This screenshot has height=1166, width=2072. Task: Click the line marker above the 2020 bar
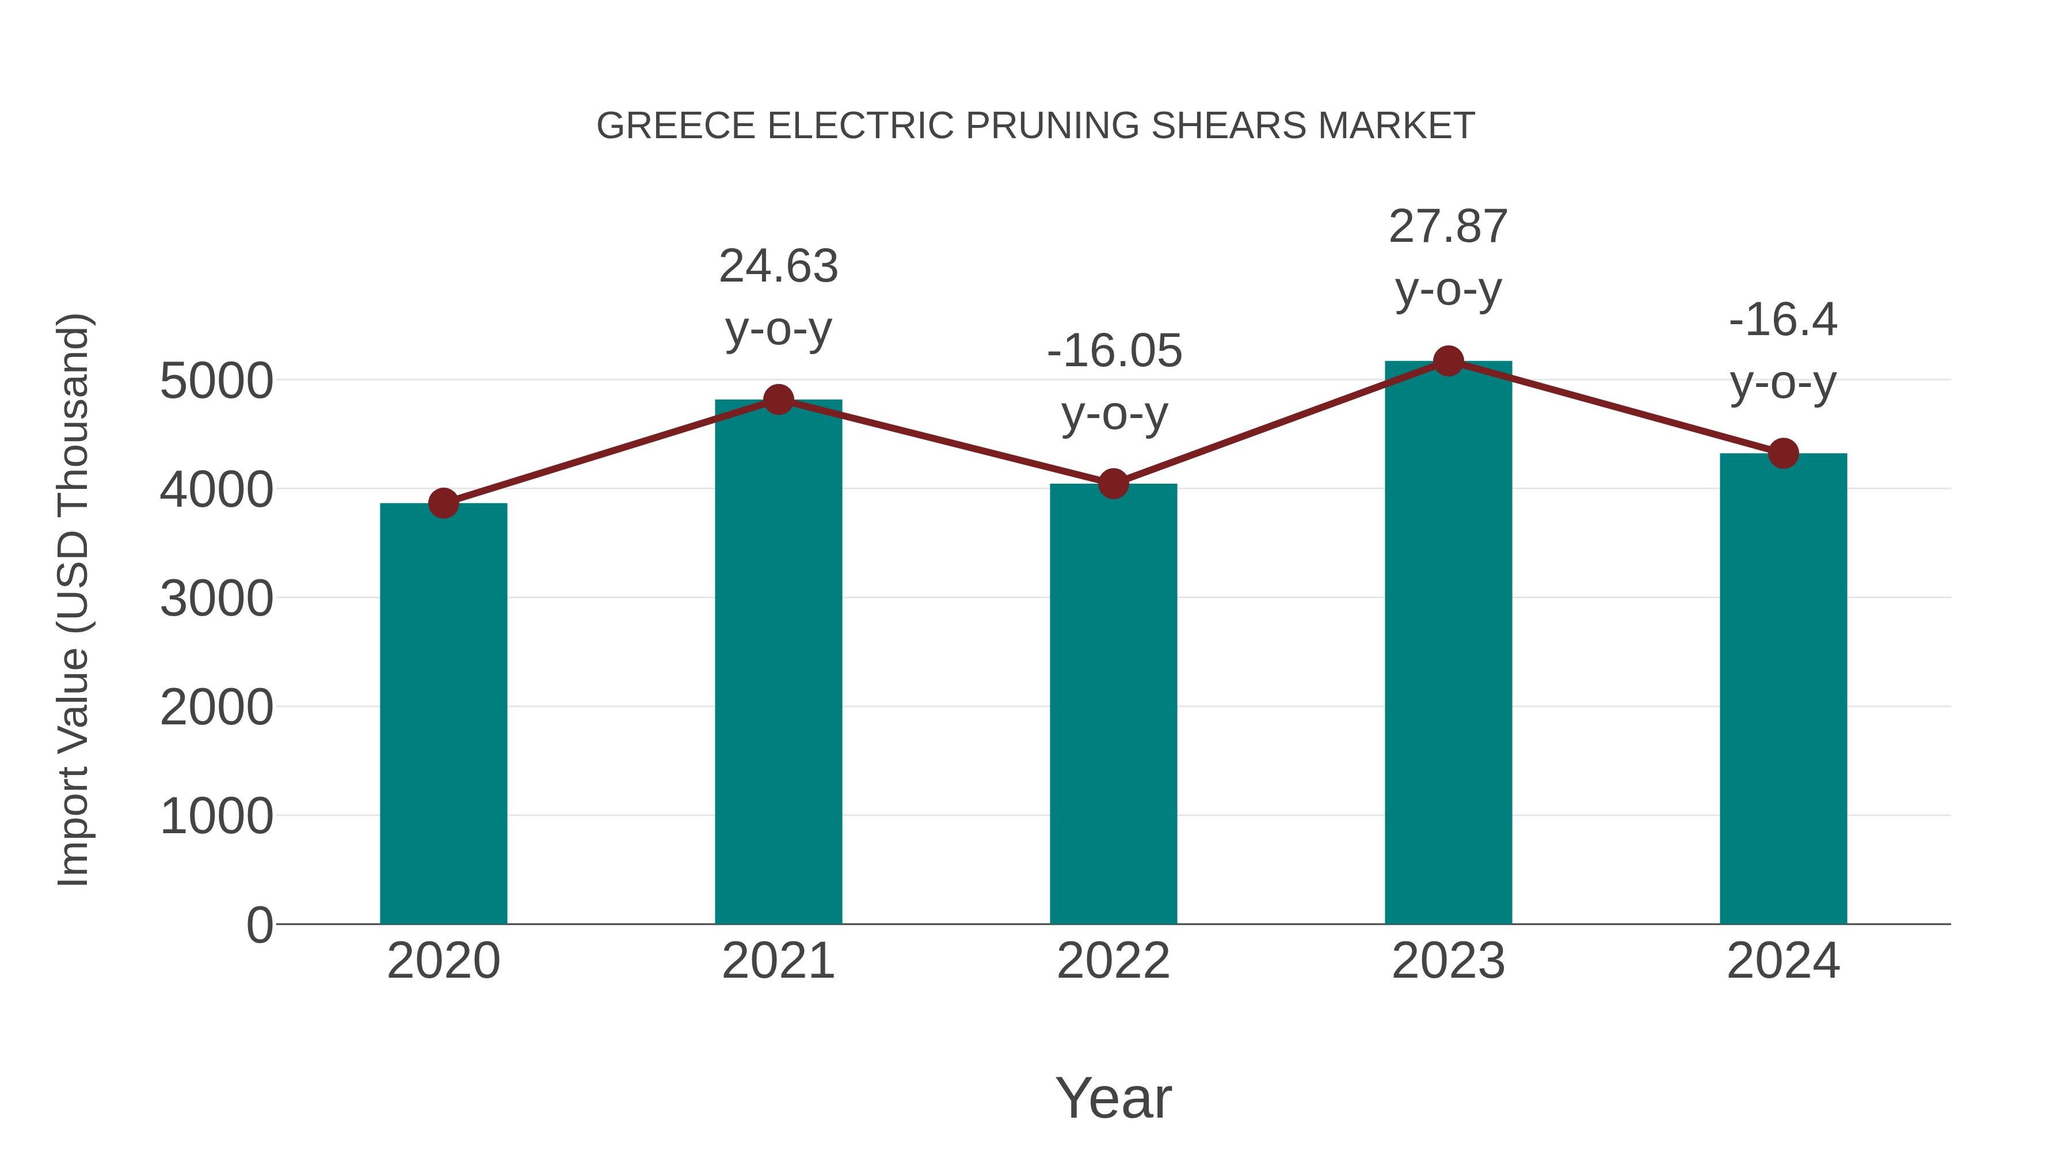pyautogui.click(x=443, y=504)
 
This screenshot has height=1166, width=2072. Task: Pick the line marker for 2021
pyautogui.click(x=779, y=400)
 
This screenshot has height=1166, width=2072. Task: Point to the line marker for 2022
pyautogui.click(x=1113, y=484)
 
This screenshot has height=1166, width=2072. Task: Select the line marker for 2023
pyautogui.click(x=1449, y=361)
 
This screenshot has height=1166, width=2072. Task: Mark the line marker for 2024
pyautogui.click(x=1783, y=454)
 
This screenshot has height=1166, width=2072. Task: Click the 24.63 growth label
pyautogui.click(x=779, y=267)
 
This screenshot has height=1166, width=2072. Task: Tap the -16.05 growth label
pyautogui.click(x=1114, y=352)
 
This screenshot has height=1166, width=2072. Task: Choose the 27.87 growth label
pyautogui.click(x=1448, y=227)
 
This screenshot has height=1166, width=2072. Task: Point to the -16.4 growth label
pyautogui.click(x=1783, y=320)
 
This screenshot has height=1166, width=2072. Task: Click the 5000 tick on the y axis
pyautogui.click(x=216, y=381)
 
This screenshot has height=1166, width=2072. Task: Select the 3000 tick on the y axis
pyautogui.click(x=216, y=599)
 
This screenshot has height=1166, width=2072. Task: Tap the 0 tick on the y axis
pyautogui.click(x=260, y=925)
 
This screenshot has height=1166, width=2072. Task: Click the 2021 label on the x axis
pyautogui.click(x=779, y=961)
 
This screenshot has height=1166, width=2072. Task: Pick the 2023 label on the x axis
pyautogui.click(x=1449, y=961)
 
